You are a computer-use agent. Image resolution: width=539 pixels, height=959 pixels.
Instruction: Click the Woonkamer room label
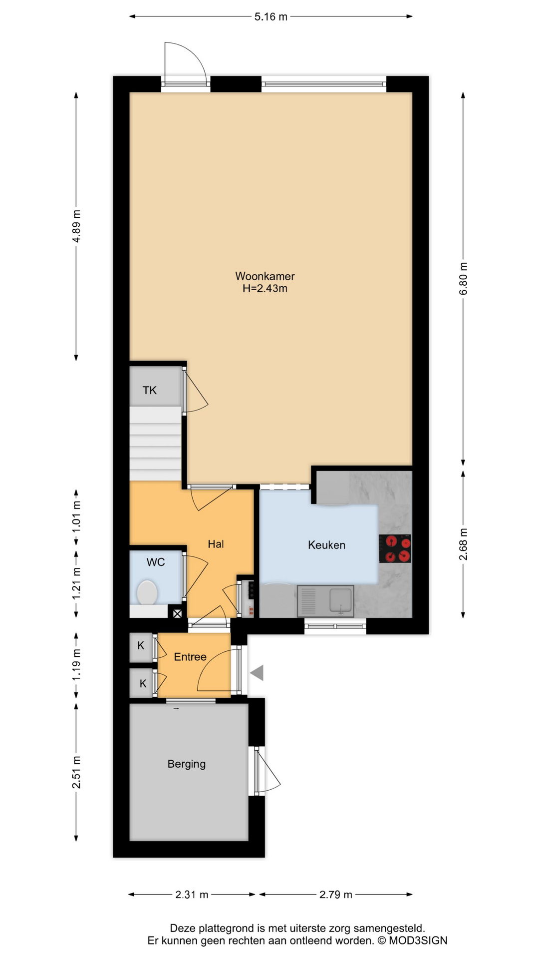[x=265, y=276]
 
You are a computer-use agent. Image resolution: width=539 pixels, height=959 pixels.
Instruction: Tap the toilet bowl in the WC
[x=147, y=592]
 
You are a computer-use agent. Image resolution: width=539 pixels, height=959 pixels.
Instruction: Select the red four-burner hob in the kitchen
[x=395, y=548]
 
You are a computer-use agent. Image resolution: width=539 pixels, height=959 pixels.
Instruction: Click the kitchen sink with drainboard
[x=325, y=601]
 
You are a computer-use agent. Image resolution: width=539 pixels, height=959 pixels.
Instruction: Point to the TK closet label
[x=149, y=391]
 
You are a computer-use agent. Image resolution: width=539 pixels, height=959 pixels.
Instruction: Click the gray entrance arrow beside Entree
[x=257, y=673]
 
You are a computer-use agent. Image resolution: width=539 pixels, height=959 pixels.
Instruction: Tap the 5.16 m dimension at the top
[x=270, y=17]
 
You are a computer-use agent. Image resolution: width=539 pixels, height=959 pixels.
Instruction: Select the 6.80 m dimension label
[x=463, y=278]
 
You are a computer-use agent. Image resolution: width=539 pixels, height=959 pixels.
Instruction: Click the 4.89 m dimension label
[x=76, y=226]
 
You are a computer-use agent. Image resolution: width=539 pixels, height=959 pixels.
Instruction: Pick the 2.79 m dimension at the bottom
[x=335, y=895]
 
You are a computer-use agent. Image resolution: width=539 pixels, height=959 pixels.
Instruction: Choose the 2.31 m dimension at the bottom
[x=192, y=895]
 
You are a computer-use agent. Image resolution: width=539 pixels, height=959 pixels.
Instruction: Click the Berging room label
[x=186, y=764]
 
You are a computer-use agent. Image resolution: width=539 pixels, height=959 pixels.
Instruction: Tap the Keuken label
[x=326, y=545]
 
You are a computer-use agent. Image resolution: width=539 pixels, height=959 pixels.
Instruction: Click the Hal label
[x=216, y=544]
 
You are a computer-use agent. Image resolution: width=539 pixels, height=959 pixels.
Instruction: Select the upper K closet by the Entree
[x=141, y=646]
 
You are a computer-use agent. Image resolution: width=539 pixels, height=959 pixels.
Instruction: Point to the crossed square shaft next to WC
[x=177, y=613]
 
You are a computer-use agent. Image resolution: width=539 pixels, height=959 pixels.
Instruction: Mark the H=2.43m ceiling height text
[x=265, y=289]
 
